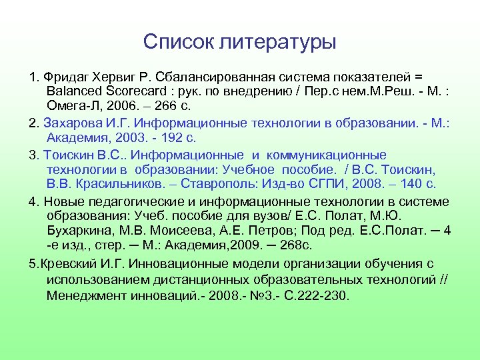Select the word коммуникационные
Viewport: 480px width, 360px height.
334,155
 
